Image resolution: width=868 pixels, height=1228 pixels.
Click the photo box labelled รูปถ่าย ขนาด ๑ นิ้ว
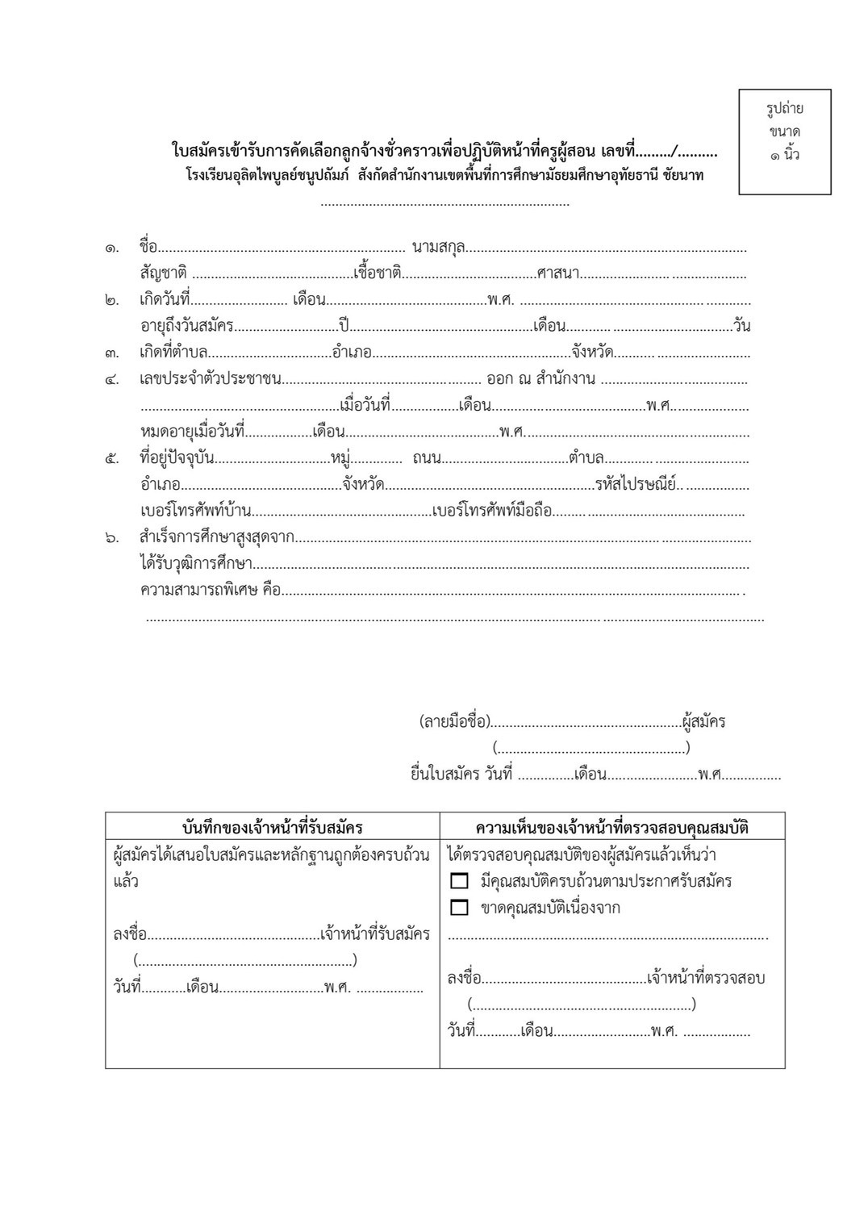tap(784, 141)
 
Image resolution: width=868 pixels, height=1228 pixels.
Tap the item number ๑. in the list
tap(112, 248)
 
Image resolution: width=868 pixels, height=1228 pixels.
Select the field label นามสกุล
tap(438, 247)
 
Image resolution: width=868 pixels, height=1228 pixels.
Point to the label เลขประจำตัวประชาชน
tap(211, 379)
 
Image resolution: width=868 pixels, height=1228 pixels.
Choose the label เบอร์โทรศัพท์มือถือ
tap(492, 511)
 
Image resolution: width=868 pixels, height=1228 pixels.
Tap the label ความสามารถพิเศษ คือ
tap(210, 590)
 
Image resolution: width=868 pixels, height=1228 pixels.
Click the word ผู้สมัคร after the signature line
tap(703, 721)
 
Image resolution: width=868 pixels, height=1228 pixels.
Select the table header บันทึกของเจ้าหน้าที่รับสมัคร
tap(273, 827)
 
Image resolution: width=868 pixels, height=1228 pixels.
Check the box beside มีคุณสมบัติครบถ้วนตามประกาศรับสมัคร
tap(460, 881)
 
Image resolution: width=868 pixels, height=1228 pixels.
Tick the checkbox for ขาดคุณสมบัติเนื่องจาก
tap(460, 908)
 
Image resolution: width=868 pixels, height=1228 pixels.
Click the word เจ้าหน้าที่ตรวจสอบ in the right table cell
tap(705, 978)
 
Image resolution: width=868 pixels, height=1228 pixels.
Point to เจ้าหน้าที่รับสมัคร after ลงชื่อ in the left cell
tap(374, 934)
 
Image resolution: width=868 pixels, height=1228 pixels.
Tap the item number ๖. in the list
tap(112, 537)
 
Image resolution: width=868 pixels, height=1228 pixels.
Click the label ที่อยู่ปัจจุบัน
tap(177, 458)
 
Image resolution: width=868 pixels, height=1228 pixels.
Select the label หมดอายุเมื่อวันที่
tap(191, 432)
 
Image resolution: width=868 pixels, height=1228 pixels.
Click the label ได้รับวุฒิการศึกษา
tap(196, 563)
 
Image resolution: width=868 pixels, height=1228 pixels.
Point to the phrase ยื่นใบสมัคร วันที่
tap(461, 775)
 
